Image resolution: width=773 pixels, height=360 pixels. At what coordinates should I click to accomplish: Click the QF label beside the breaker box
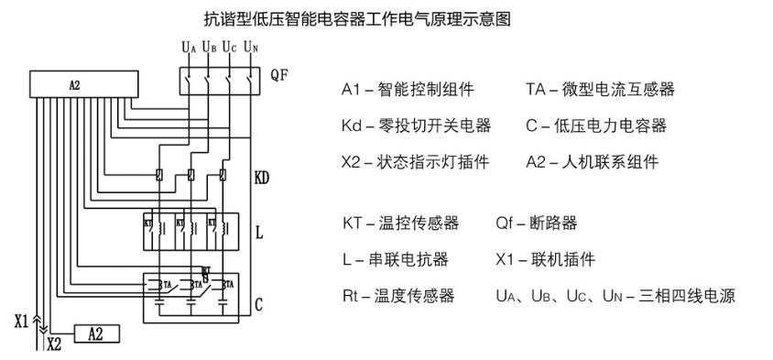[x=279, y=75]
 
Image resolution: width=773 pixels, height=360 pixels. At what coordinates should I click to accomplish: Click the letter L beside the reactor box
[x=259, y=233]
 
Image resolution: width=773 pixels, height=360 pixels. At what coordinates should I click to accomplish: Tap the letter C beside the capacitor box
[x=259, y=303]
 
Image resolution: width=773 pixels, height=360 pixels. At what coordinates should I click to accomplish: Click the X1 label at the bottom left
[x=22, y=322]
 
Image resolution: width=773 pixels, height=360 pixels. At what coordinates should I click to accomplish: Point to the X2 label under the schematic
[x=54, y=345]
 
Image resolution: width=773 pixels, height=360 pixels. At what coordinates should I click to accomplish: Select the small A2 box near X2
[x=96, y=333]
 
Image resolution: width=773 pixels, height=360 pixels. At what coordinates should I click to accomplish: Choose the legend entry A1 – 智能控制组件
[x=408, y=89]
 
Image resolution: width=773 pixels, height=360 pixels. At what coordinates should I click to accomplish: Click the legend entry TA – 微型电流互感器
[x=600, y=89]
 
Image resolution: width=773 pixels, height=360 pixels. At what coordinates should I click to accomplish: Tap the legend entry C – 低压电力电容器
[x=595, y=125]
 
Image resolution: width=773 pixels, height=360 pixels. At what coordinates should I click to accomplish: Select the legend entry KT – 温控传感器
[x=400, y=223]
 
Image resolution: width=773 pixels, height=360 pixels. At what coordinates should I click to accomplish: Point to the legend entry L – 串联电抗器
[x=396, y=259]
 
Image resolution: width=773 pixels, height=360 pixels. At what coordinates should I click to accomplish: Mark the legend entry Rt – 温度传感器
[x=398, y=296]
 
